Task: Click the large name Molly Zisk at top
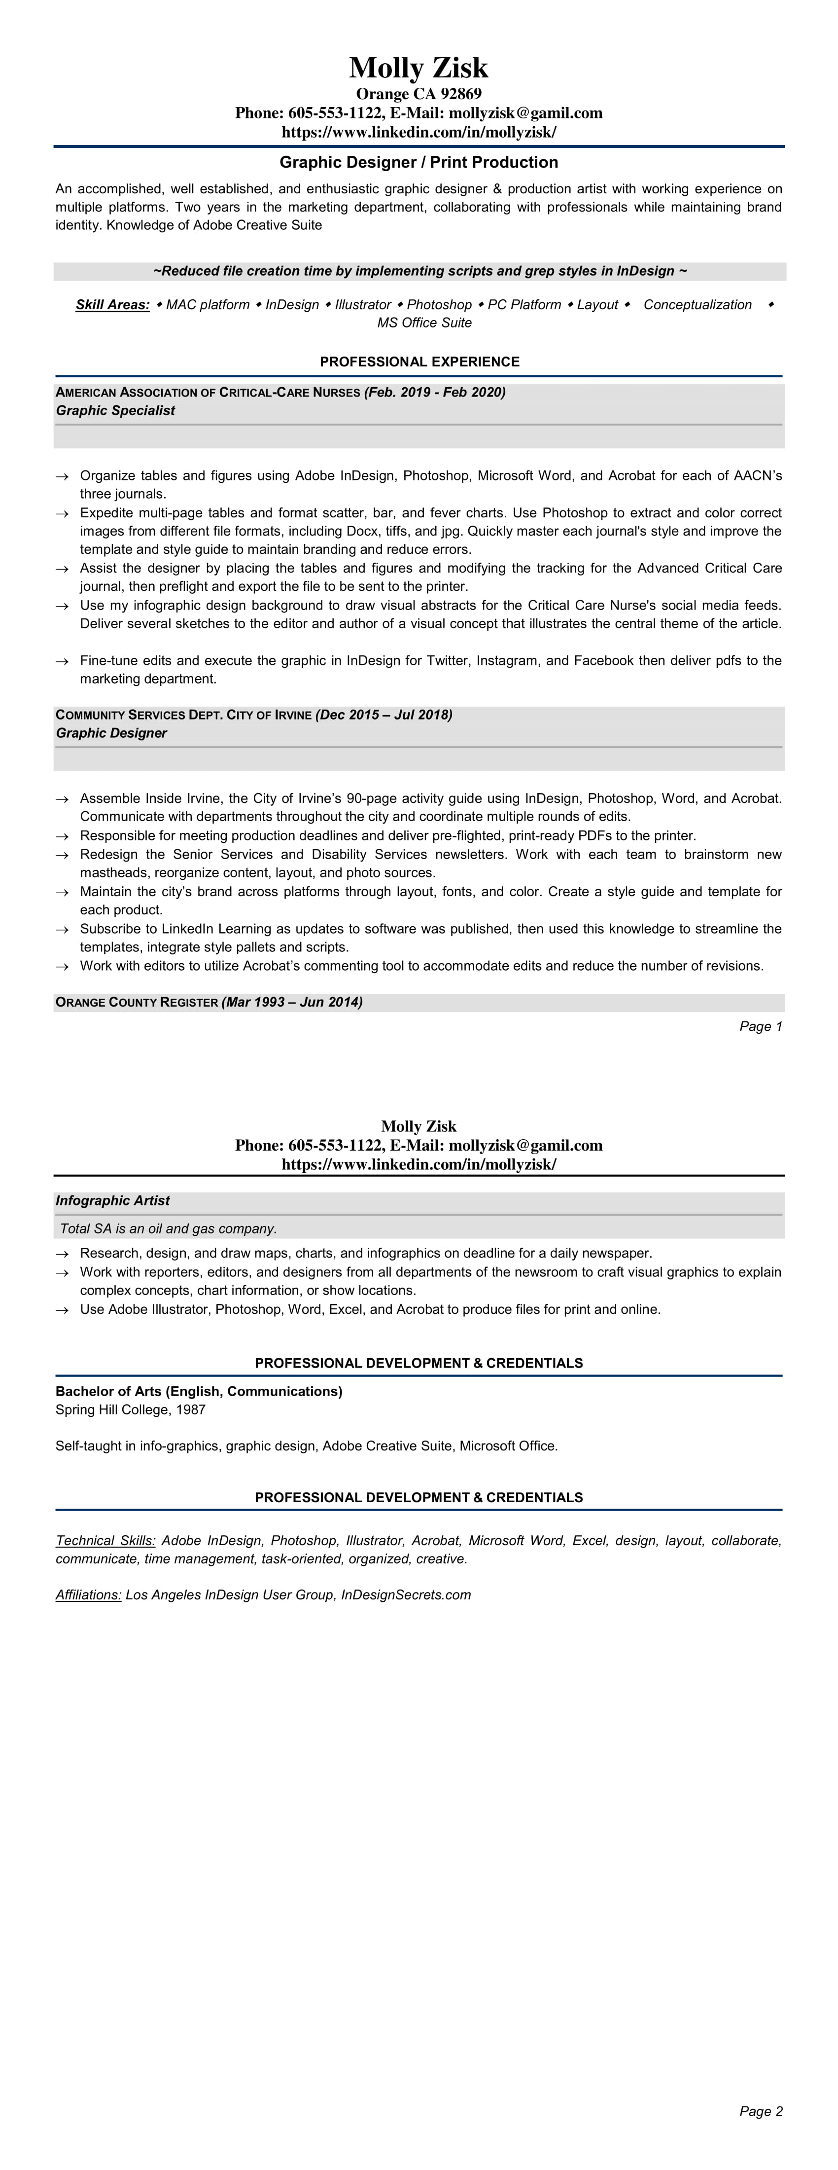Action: tap(419, 68)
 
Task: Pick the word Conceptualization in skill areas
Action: tap(698, 305)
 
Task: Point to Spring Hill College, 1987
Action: tap(131, 1410)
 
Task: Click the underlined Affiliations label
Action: tap(88, 1594)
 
